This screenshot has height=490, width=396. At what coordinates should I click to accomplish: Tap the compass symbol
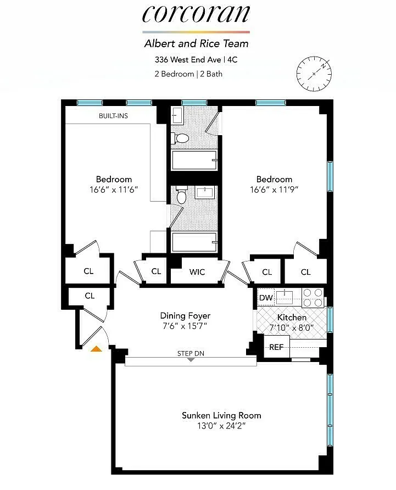(x=314, y=74)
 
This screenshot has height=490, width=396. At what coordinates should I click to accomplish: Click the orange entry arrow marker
(x=96, y=349)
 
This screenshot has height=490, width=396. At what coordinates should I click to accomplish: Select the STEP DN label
(x=191, y=353)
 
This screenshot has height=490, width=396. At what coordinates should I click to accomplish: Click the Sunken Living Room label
(x=221, y=415)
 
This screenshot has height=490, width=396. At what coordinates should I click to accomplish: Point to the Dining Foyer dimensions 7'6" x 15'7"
(x=185, y=326)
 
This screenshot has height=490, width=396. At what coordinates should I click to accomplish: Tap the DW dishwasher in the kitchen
(x=266, y=298)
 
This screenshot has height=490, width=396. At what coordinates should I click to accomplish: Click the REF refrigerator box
(x=277, y=347)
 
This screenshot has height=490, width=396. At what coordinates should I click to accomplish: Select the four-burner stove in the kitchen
(x=313, y=298)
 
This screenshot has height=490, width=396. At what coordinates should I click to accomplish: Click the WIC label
(x=197, y=272)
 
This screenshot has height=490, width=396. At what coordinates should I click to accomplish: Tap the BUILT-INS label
(x=113, y=116)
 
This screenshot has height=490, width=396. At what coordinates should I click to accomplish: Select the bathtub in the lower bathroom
(x=194, y=242)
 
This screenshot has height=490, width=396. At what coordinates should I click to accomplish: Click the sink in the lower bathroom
(x=205, y=192)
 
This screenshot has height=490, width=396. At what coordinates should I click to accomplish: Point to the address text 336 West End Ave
(x=188, y=59)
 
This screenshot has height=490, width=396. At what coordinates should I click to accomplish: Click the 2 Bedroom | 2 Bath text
(x=188, y=74)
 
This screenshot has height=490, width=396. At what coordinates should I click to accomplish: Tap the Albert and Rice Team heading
(x=196, y=43)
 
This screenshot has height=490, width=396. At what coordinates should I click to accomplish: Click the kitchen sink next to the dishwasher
(x=284, y=297)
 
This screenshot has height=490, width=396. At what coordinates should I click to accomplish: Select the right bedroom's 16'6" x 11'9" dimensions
(x=274, y=190)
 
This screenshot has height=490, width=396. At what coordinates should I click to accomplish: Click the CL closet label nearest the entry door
(x=90, y=296)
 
